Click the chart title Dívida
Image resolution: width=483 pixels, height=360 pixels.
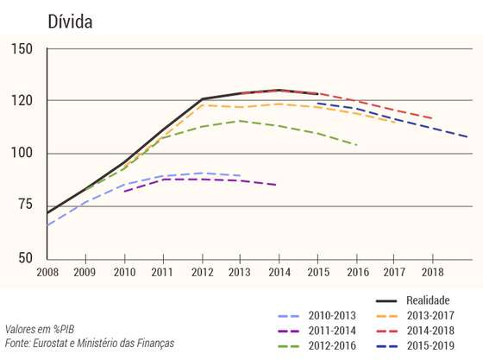tap(70, 22)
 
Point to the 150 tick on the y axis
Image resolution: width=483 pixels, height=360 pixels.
tap(22, 49)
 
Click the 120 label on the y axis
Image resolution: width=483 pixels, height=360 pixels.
tap(22, 101)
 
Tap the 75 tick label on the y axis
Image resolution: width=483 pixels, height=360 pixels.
tap(25, 204)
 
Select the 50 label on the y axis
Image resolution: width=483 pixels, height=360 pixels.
tap(25, 258)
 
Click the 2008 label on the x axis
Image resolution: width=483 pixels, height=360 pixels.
tap(47, 272)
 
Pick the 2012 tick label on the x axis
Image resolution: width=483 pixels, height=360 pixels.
tap(203, 272)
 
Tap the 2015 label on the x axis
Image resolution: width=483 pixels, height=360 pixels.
tap(318, 272)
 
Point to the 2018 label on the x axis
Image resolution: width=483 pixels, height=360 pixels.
tap(432, 272)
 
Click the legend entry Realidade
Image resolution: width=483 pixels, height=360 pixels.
tap(428, 300)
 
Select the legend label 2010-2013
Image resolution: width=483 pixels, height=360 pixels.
tap(332, 315)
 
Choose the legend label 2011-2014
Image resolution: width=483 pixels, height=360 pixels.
tap(332, 331)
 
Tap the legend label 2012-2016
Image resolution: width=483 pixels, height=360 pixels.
tap(332, 346)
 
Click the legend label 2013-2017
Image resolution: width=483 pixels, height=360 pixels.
tap(430, 315)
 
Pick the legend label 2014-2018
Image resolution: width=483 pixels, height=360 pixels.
tap(430, 331)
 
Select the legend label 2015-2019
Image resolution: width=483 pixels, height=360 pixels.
tap(430, 346)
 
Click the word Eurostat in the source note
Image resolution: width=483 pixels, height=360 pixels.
tap(50, 343)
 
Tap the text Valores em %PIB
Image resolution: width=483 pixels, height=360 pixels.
tap(40, 329)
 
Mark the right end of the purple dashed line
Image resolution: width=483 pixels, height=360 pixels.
tap(276, 185)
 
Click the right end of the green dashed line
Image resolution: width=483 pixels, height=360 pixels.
tap(357, 145)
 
